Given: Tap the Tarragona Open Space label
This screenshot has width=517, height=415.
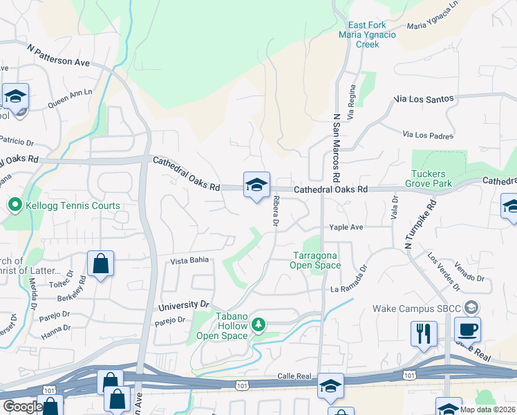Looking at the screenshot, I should (x=315, y=260).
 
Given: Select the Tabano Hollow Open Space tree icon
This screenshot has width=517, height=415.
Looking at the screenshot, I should (x=258, y=324).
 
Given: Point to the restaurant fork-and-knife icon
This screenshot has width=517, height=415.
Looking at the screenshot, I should (x=424, y=333).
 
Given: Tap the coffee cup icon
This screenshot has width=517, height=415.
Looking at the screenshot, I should (x=468, y=329).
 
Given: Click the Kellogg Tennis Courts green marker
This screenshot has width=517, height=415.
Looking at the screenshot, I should (x=13, y=205).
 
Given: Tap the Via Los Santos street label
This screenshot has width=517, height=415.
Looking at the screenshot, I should (x=424, y=99).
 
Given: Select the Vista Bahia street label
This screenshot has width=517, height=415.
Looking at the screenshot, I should (x=189, y=261).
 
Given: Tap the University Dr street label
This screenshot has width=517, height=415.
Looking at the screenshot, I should (x=183, y=304).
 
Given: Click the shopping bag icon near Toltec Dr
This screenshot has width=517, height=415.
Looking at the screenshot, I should (x=101, y=264).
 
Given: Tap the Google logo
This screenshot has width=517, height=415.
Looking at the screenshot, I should (x=22, y=407).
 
